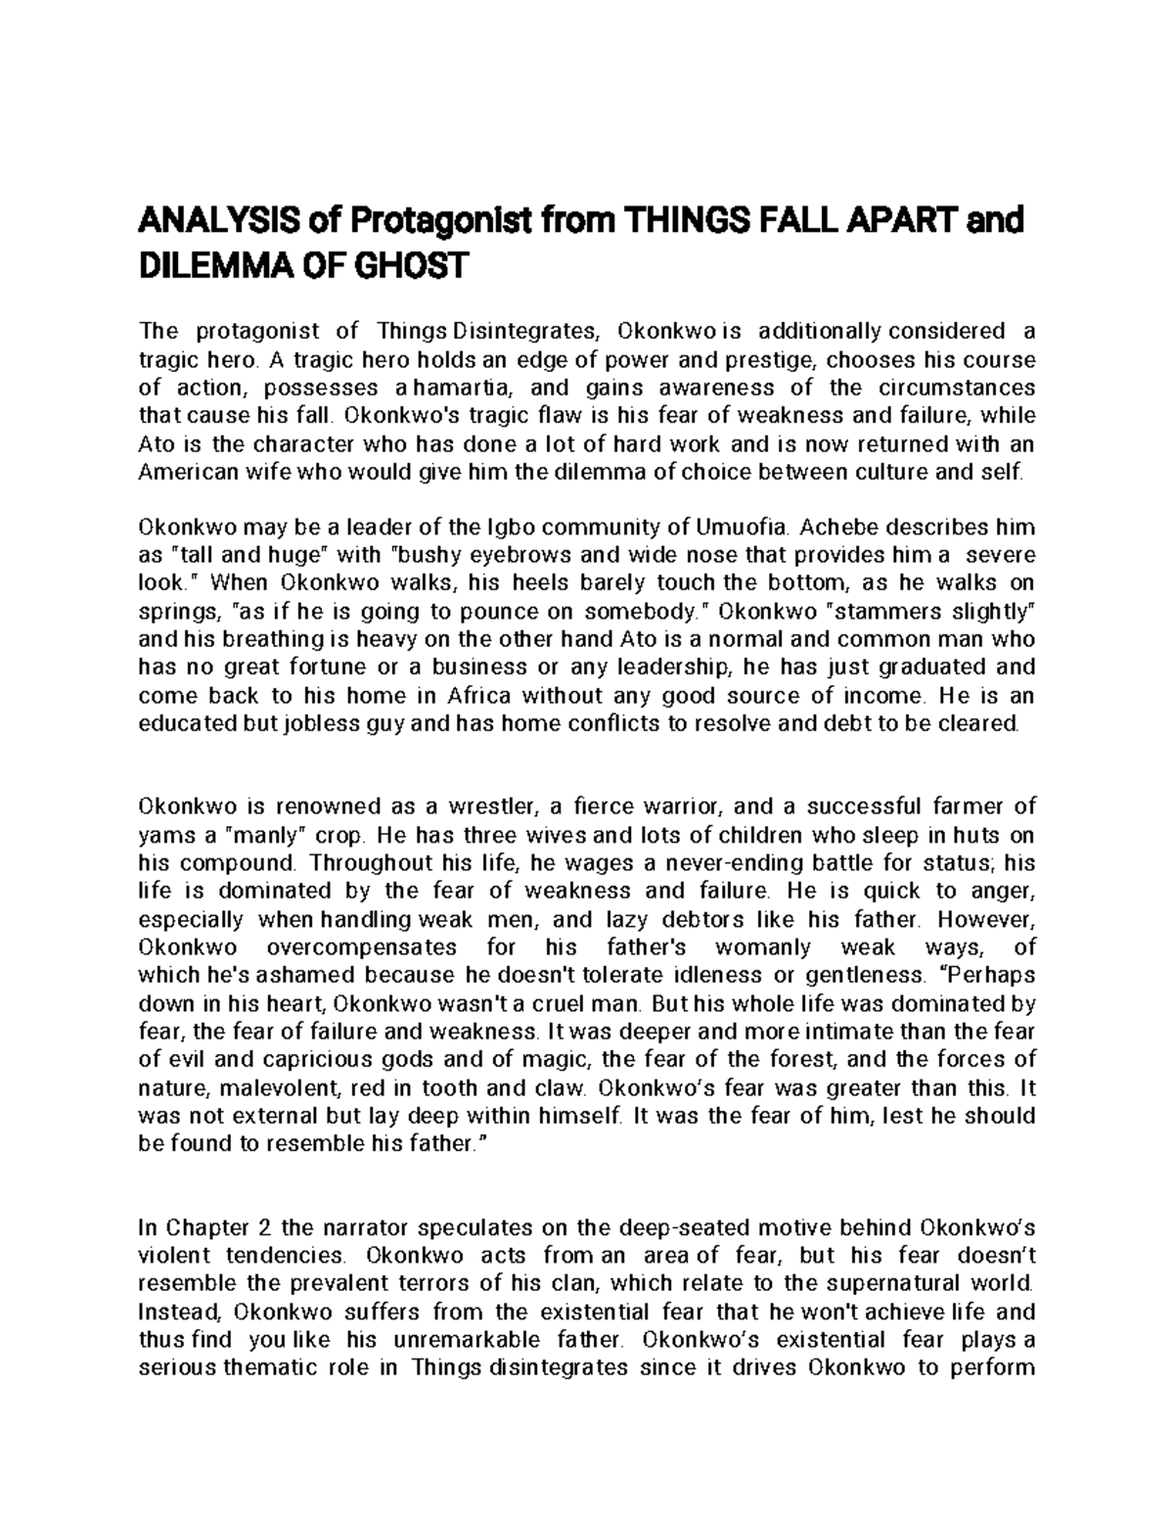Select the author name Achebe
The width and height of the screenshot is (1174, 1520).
840,528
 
